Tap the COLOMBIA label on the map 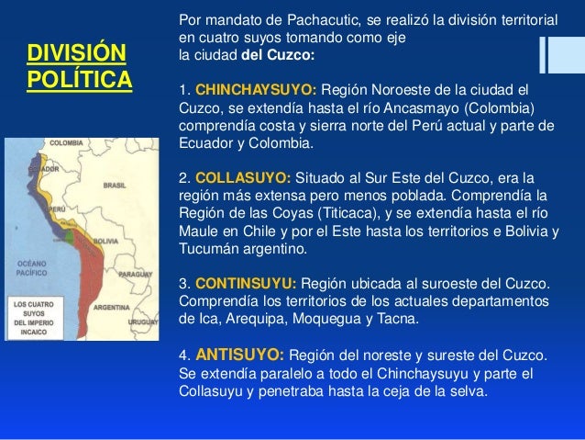pos(67,144)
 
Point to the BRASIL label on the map pos(115,185)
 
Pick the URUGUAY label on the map pos(142,322)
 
